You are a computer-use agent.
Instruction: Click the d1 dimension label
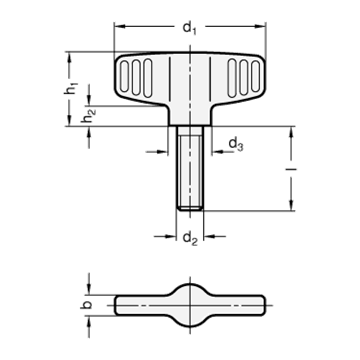click(190, 28)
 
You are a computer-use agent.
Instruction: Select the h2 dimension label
click(89, 115)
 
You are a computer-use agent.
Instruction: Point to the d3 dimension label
click(235, 145)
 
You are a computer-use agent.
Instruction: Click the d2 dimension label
click(190, 239)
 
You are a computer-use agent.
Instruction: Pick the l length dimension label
click(292, 169)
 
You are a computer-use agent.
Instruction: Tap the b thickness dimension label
click(87, 305)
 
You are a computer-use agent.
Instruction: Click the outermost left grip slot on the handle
click(124, 77)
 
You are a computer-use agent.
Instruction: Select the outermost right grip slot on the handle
click(256, 77)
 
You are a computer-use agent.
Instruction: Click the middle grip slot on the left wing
click(136, 77)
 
